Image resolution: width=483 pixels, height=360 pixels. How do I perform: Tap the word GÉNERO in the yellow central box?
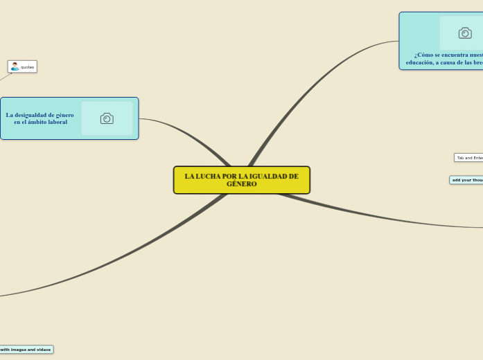(x=241, y=184)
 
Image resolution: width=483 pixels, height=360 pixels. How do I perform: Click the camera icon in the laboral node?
(x=107, y=118)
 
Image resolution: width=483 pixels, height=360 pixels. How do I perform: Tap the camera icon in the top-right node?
(x=465, y=33)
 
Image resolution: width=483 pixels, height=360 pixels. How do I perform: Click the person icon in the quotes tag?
(x=15, y=66)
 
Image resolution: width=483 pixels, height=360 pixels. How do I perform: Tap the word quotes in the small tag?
(x=27, y=67)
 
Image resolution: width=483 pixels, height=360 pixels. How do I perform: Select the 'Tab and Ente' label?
(x=469, y=158)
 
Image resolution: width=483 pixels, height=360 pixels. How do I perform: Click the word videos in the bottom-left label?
(x=43, y=350)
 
